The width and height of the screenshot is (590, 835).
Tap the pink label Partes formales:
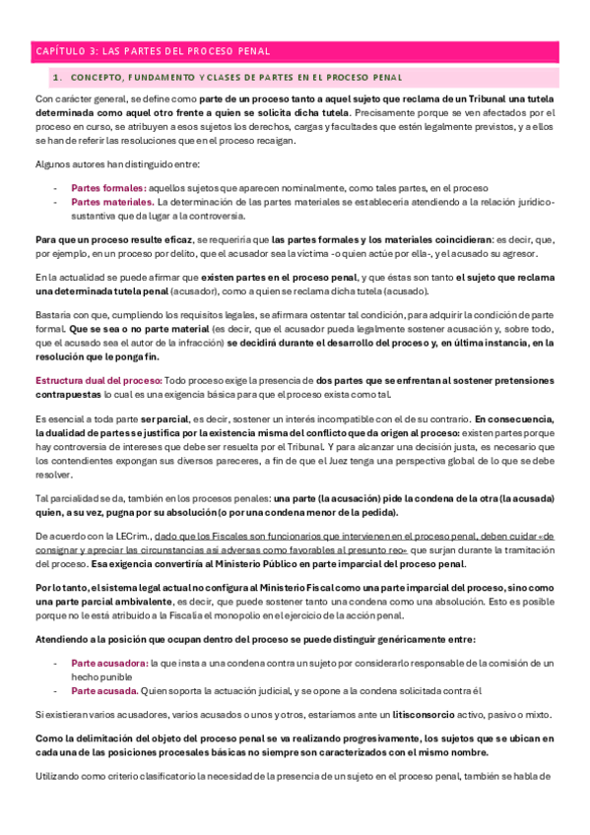click(x=108, y=187)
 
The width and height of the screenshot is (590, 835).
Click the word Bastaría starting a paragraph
click(x=56, y=316)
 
